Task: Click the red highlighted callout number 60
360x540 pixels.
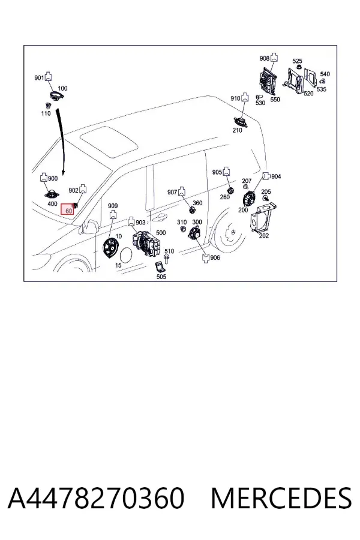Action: click(68, 209)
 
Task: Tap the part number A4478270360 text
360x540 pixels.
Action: click(96, 498)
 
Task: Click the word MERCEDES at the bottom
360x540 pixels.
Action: click(281, 498)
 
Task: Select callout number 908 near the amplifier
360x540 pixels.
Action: click(264, 59)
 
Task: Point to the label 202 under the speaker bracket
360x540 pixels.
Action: click(264, 236)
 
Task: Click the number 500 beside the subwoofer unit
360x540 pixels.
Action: click(161, 232)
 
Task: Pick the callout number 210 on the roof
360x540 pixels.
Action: click(237, 131)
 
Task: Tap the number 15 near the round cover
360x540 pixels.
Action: click(118, 265)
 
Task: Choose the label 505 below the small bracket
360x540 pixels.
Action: click(161, 277)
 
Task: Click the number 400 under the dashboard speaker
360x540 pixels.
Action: click(52, 204)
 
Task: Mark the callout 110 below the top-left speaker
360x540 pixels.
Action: click(46, 113)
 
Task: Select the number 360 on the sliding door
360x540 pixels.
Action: click(197, 203)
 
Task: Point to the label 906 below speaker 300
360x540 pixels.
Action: click(215, 257)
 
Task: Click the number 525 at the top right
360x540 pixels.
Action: click(298, 61)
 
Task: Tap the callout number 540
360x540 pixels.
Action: click(325, 74)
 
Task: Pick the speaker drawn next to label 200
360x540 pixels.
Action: click(248, 199)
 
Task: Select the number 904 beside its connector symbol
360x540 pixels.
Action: click(276, 176)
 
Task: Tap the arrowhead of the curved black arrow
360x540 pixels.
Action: click(63, 172)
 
